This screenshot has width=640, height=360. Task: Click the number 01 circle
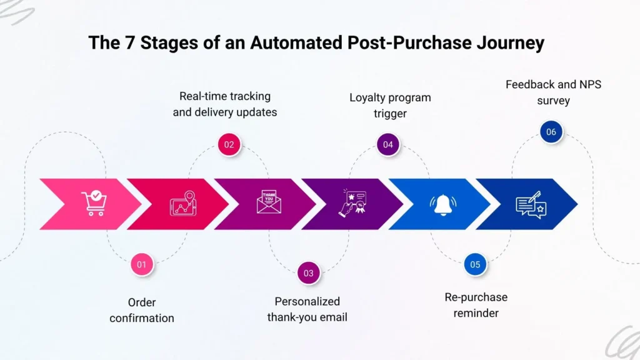tap(142, 264)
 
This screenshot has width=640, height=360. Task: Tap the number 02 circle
tap(229, 144)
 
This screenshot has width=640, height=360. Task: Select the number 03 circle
tap(309, 273)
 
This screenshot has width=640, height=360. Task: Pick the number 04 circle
tap(388, 144)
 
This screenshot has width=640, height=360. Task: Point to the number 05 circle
tap(475, 264)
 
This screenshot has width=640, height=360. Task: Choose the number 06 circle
tap(551, 132)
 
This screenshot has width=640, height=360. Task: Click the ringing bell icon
tap(443, 204)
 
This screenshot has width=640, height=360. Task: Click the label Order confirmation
tap(142, 310)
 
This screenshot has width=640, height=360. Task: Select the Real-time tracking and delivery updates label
tap(224, 104)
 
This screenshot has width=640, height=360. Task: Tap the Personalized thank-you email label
tap(307, 309)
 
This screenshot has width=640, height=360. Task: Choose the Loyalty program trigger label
tap(390, 106)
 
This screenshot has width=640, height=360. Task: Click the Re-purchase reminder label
tap(476, 304)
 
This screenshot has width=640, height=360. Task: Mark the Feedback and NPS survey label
tap(553, 92)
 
